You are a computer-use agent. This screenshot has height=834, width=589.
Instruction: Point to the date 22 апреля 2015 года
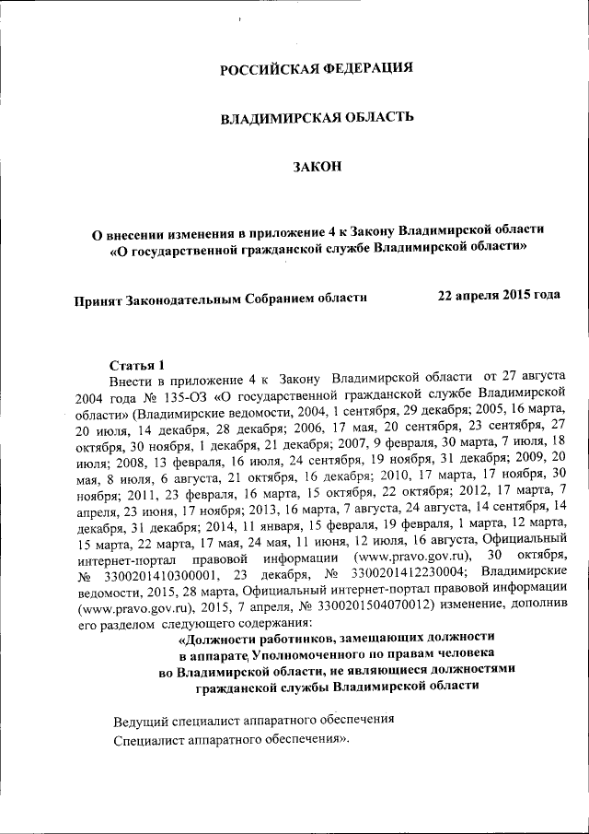(498, 296)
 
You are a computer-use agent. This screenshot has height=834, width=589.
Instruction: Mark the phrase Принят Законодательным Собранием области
(221, 297)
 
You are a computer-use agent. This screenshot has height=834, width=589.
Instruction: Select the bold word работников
(283, 637)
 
